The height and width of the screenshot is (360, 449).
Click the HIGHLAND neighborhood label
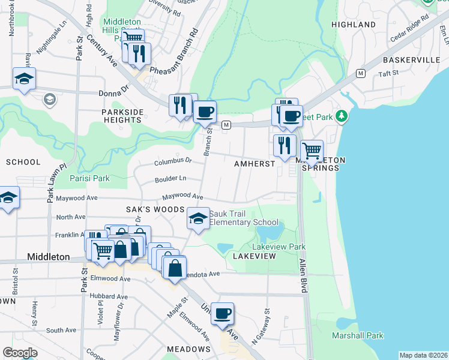tap(353, 25)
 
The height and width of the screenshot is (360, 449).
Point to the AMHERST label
tap(255, 163)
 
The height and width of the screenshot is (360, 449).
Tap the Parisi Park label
tap(89, 178)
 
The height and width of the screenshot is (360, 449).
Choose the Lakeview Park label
tap(279, 247)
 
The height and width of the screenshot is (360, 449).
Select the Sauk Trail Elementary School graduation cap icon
tap(198, 218)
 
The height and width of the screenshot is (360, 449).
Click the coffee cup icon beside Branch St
tap(205, 112)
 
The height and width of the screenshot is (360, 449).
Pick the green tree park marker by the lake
tap(342, 115)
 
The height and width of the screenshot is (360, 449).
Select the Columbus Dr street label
tap(172, 161)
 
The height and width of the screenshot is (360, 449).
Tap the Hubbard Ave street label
tap(109, 296)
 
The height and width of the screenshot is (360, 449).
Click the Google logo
tap(20, 353)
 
